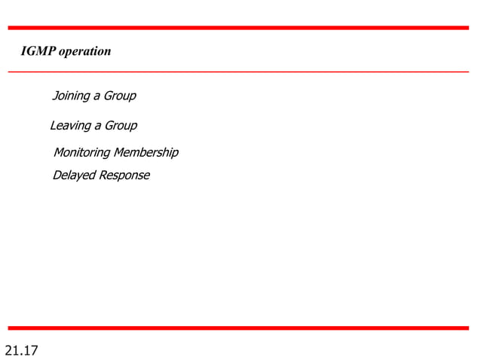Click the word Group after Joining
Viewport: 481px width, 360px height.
pyautogui.click(x=119, y=96)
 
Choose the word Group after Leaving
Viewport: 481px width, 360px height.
pyautogui.click(x=120, y=125)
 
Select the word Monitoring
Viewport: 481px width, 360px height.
pyautogui.click(x=81, y=153)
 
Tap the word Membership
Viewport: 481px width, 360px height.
pyautogui.click(x=146, y=153)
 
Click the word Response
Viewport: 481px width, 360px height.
pyautogui.click(x=124, y=176)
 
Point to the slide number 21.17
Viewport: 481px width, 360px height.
pyautogui.click(x=22, y=350)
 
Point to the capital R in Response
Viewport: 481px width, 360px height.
pyautogui.click(x=103, y=175)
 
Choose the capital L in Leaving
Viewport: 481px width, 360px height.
pyautogui.click(x=53, y=125)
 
